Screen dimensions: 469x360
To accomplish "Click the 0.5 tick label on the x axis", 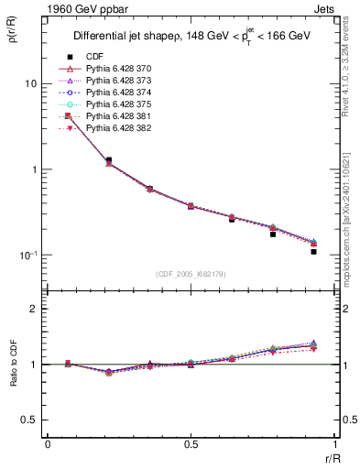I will pyautogui.click(x=190, y=445).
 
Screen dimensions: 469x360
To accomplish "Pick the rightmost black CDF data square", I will pyautogui.click(x=313, y=251).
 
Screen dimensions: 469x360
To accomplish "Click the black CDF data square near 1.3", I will pyautogui.click(x=109, y=160).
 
